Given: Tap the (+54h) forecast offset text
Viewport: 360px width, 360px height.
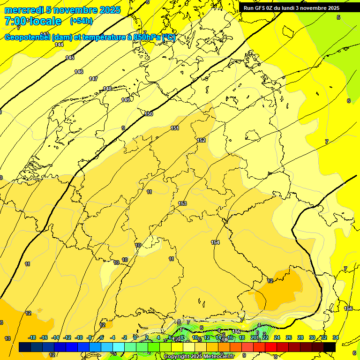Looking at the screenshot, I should coord(81,21).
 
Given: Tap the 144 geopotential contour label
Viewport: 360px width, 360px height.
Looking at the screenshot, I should coord(59,45).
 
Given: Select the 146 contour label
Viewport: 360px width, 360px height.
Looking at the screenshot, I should coord(79,72).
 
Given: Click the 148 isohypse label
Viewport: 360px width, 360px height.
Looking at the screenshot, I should coord(107,89).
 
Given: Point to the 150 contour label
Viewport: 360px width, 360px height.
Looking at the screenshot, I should coord(149,114).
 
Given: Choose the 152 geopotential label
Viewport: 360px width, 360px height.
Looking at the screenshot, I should coord(201,140).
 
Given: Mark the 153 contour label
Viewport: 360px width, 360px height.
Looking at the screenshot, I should coord(182,203).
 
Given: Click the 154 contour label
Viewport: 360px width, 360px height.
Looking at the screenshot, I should coord(215,242).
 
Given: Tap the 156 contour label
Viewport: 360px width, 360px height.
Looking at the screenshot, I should coord(348,308).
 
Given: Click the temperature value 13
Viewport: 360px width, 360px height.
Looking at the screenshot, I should coord(7,338).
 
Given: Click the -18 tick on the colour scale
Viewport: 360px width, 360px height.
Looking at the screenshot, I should coord(32,337).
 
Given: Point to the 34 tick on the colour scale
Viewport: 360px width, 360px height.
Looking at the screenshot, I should coord(336,337).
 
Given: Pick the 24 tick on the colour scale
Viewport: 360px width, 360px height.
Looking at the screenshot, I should coord(277,337).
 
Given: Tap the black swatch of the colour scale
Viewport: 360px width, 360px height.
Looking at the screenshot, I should coord(330,347).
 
